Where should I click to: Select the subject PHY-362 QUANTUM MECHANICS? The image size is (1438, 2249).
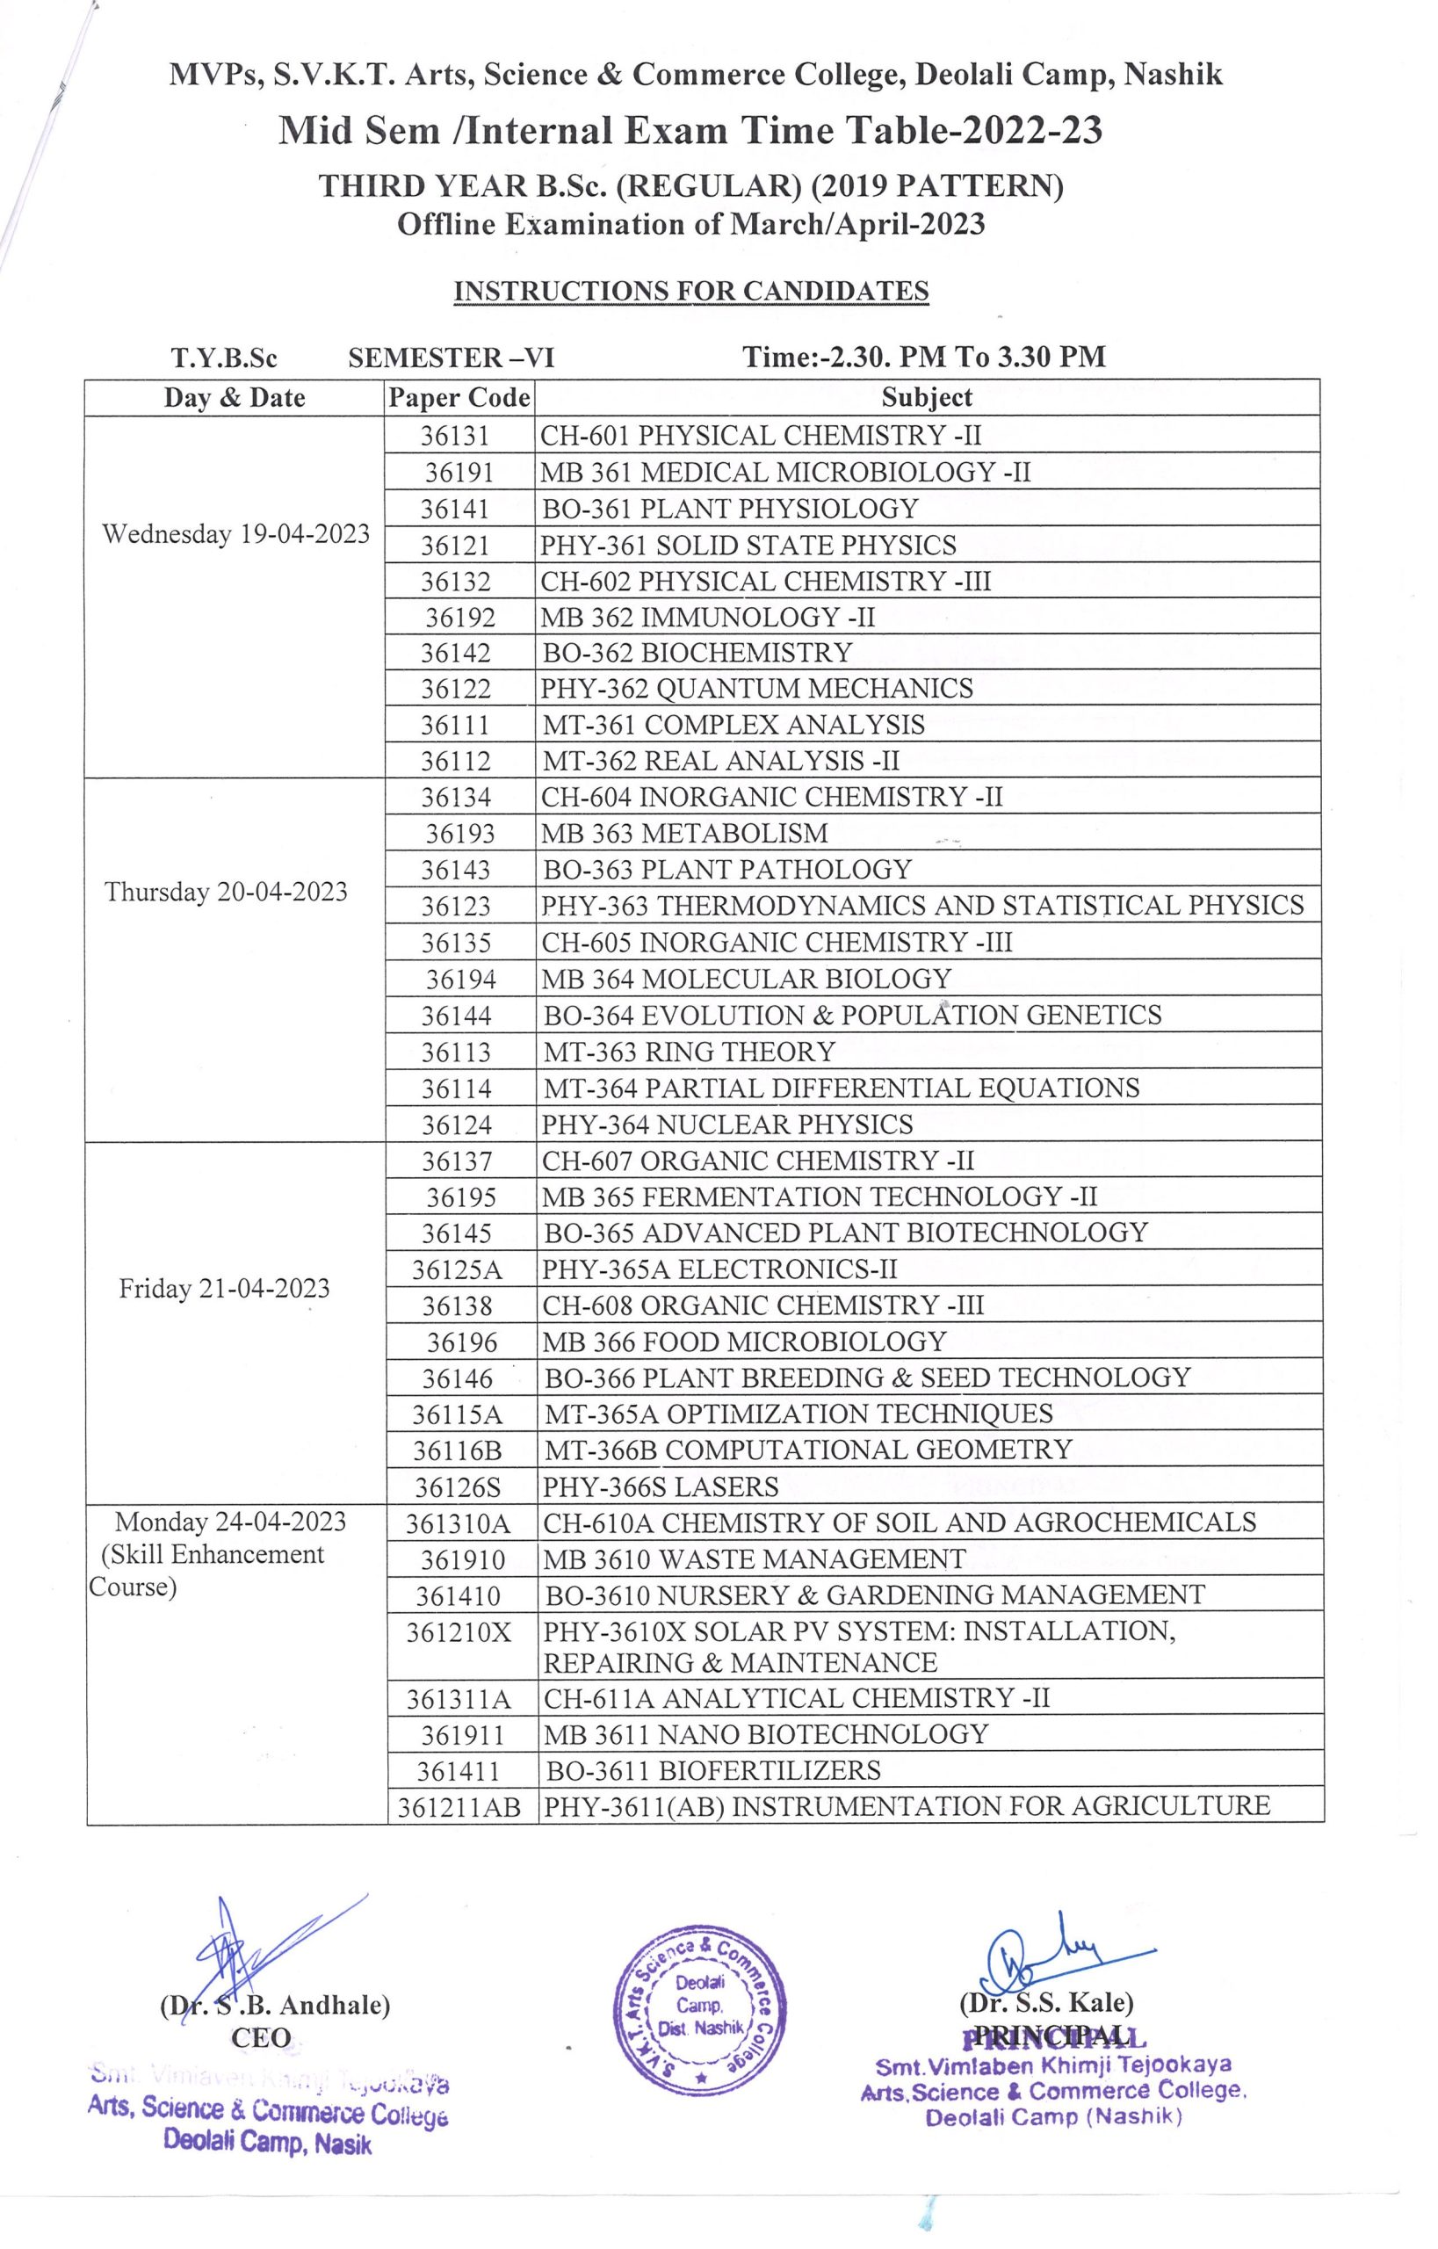(756, 689)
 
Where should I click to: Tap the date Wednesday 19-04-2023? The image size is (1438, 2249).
(235, 534)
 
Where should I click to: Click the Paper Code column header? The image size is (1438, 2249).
(459, 398)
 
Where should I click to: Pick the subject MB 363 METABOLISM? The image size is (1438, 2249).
(685, 833)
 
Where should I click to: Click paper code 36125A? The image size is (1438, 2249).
(457, 1269)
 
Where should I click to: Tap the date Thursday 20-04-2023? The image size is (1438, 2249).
(226, 892)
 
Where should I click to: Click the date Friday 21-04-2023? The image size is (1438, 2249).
(224, 1289)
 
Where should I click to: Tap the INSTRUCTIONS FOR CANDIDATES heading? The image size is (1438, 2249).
(691, 292)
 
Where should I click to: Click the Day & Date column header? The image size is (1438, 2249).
(235, 398)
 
